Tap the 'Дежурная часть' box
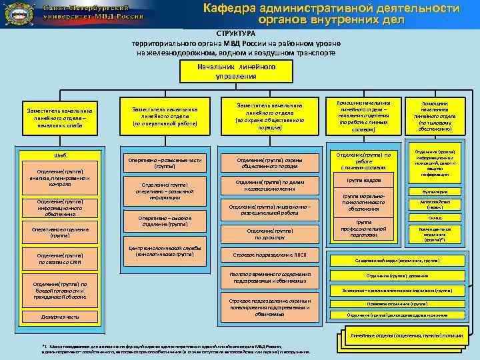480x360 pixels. pyautogui.click(x=59, y=317)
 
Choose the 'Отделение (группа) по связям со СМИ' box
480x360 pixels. pyautogui.click(x=59, y=257)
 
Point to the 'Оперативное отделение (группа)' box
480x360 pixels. pyautogui.click(x=59, y=233)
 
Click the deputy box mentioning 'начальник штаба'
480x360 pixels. pyautogui.click(x=60, y=117)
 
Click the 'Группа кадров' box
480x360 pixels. pyautogui.click(x=363, y=181)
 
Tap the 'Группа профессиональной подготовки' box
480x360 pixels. pyautogui.click(x=363, y=229)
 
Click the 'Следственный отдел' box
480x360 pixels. pyautogui.click(x=405, y=261)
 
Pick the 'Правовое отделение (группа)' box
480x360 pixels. pyautogui.click(x=405, y=303)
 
